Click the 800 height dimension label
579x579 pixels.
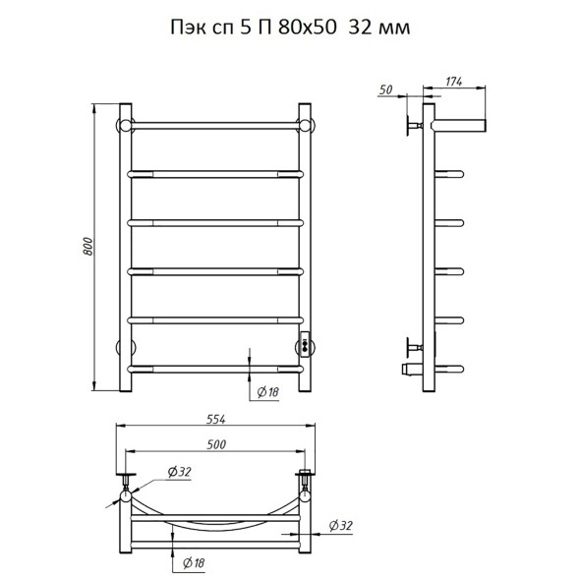coord(87,247)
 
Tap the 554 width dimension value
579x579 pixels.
coord(215,419)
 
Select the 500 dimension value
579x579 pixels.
coord(216,444)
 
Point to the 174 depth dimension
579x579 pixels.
coord(453,82)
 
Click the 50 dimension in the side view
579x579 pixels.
coord(386,89)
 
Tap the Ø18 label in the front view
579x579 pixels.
coord(267,392)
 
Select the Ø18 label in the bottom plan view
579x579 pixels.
coord(194,563)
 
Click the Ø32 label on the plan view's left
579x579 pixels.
coord(180,472)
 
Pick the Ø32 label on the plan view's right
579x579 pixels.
coord(340,526)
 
